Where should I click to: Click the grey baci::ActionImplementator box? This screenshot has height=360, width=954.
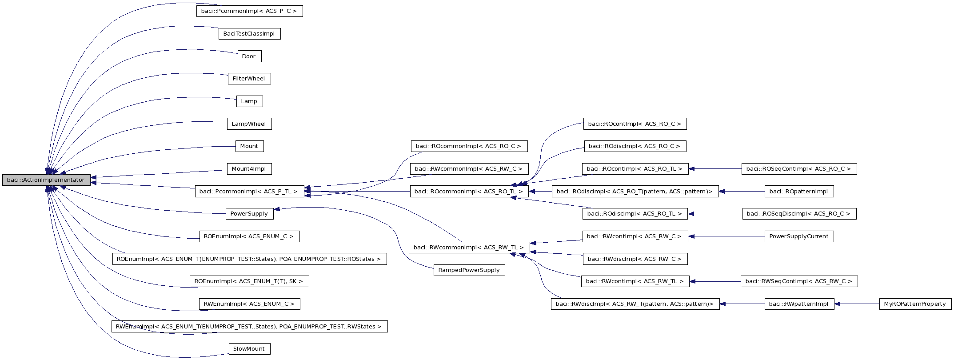click(x=46, y=180)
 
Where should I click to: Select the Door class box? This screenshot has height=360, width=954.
click(x=249, y=56)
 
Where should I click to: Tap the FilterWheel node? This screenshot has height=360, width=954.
click(x=249, y=79)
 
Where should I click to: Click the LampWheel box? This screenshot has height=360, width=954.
click(x=249, y=124)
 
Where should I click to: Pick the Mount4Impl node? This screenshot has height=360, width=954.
click(x=249, y=169)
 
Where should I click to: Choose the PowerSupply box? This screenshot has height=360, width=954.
click(x=249, y=214)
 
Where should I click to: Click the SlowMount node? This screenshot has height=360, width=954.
click(x=249, y=349)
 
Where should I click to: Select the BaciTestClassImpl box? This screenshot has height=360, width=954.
click(x=249, y=34)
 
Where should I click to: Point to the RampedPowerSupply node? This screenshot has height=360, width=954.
click(x=469, y=270)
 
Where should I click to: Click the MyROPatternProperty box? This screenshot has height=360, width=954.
click(x=915, y=304)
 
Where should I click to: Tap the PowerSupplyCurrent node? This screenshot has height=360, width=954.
click(x=798, y=236)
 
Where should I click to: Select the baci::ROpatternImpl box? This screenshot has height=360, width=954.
click(x=798, y=192)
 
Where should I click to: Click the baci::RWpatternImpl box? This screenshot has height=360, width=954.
click(x=798, y=304)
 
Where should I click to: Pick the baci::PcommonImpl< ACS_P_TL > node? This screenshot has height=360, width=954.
click(x=249, y=192)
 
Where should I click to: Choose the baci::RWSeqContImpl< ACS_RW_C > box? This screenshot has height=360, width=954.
click(x=798, y=281)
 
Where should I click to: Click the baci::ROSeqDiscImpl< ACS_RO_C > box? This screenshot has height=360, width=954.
click(x=798, y=214)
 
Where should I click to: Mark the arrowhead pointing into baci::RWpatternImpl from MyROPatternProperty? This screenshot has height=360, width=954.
click(x=838, y=304)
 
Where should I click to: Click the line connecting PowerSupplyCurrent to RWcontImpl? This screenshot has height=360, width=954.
click(x=729, y=236)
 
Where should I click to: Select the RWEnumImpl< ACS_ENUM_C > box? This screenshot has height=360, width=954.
click(x=249, y=304)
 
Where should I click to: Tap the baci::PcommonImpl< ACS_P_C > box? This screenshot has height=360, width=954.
click(x=249, y=11)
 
